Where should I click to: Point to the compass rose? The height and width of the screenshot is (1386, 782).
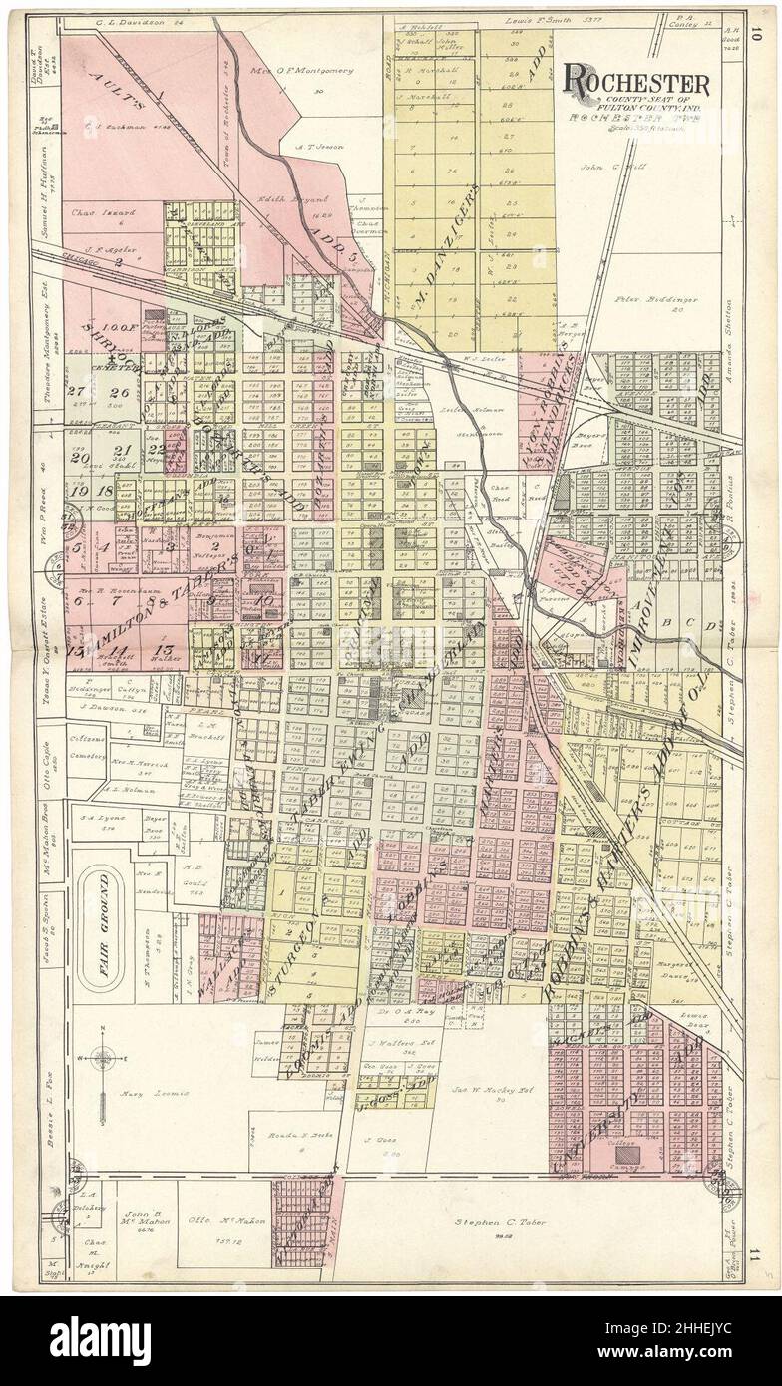click(103, 1058)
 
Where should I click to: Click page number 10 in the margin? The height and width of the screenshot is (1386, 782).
click(759, 33)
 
